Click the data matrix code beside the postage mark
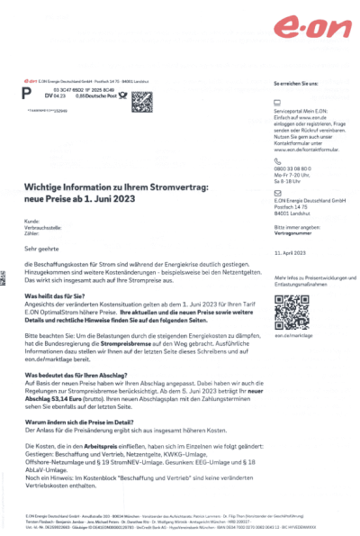tap(142, 100)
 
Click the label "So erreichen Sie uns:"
tap(294, 83)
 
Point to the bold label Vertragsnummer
tap(290, 232)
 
